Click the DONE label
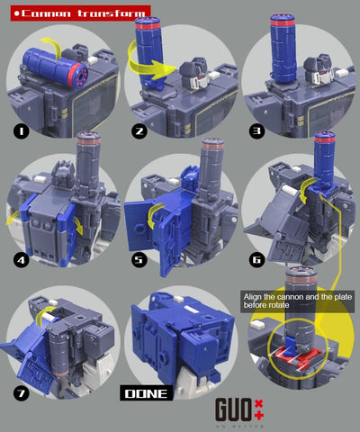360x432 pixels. point(143,393)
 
